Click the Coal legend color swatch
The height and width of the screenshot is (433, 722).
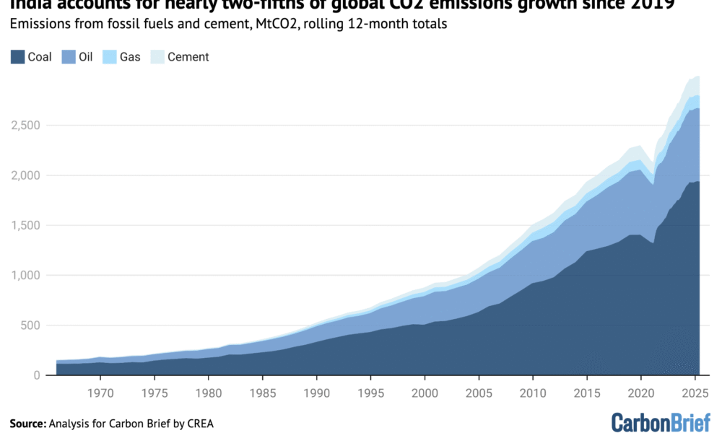click(x=17, y=56)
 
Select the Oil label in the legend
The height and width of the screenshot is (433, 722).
click(x=85, y=56)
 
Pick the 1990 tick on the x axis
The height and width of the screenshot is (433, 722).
click(x=316, y=393)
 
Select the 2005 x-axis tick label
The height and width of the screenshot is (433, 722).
click(x=479, y=393)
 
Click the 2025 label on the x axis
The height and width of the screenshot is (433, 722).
click(x=695, y=393)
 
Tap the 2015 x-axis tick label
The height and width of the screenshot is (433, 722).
click(x=587, y=393)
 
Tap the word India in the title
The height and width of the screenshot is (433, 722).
click(x=26, y=5)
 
